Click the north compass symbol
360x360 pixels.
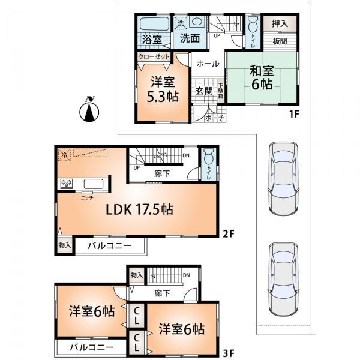click(x=89, y=109)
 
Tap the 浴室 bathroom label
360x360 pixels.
click(x=151, y=40)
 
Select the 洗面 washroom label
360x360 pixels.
click(x=190, y=40)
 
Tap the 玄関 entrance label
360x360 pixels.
click(x=203, y=91)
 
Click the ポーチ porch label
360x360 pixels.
click(x=214, y=118)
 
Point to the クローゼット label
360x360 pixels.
click(x=153, y=56)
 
